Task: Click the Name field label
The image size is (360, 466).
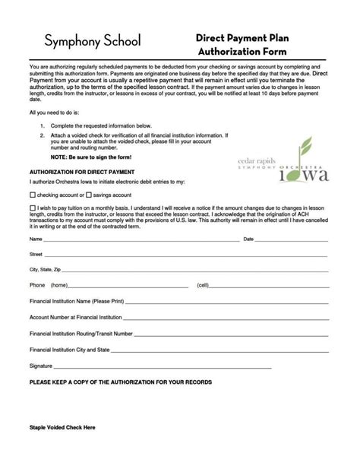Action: (36, 239)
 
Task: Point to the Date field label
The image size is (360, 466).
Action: (248, 239)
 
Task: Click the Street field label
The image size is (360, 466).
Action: (36, 254)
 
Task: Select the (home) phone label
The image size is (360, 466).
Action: (59, 285)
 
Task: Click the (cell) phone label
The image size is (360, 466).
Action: (203, 285)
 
